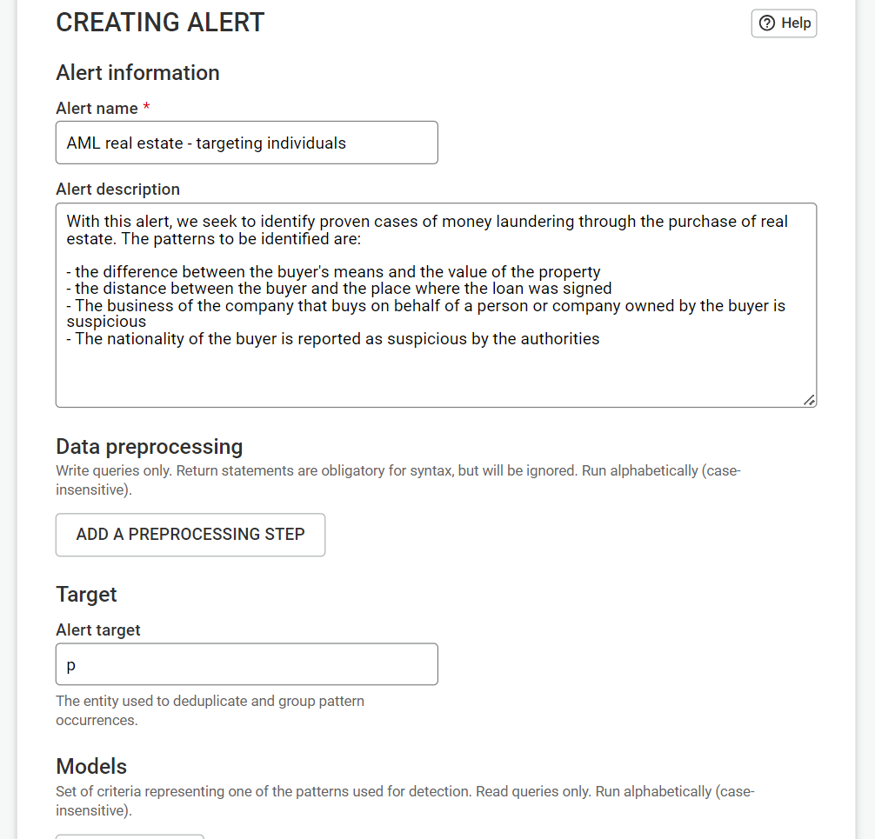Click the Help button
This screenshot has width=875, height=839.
pyautogui.click(x=784, y=23)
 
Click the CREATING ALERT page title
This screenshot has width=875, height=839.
pyautogui.click(x=160, y=23)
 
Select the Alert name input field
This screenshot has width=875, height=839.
pyautogui.click(x=246, y=143)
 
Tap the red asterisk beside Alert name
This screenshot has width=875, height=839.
pyautogui.click(x=146, y=108)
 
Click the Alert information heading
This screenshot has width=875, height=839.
pyautogui.click(x=137, y=73)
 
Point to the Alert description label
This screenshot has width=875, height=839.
pyautogui.click(x=117, y=190)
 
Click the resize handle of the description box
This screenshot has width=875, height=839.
pyautogui.click(x=809, y=400)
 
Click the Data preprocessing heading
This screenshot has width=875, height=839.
pyautogui.click(x=149, y=447)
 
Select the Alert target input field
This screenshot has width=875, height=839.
pyautogui.click(x=246, y=665)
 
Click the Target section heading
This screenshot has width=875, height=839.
pyautogui.click(x=86, y=595)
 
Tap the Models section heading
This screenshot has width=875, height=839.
pyautogui.click(x=91, y=767)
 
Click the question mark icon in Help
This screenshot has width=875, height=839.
pyautogui.click(x=767, y=23)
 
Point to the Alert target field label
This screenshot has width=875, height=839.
pyautogui.click(x=98, y=630)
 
